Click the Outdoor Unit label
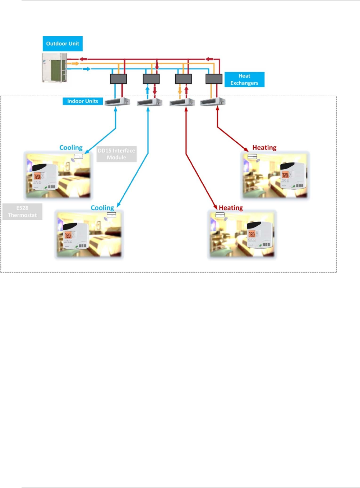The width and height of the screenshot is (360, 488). (x=63, y=43)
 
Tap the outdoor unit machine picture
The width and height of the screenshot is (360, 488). (x=55, y=68)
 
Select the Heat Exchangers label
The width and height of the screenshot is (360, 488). (x=244, y=79)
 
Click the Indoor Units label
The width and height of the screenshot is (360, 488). (x=83, y=101)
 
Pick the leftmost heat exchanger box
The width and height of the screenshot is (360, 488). (x=118, y=79)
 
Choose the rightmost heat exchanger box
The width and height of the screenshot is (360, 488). (x=214, y=79)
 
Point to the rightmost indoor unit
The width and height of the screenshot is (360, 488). (x=213, y=102)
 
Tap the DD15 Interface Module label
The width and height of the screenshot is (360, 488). (x=116, y=154)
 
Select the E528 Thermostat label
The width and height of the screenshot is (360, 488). (x=22, y=212)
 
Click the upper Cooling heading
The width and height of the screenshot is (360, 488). (x=71, y=148)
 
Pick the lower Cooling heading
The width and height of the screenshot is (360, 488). (x=102, y=208)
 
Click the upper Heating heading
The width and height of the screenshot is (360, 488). (x=264, y=148)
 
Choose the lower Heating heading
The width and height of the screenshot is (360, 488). (x=231, y=208)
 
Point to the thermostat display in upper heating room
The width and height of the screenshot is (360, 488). (x=285, y=175)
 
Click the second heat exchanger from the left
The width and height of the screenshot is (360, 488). (x=151, y=79)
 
